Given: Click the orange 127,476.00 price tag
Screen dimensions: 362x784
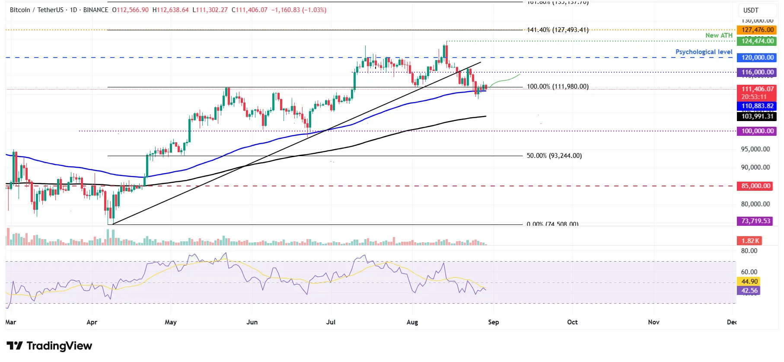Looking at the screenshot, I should click(757, 30).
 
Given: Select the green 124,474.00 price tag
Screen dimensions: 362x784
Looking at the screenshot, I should click(757, 41).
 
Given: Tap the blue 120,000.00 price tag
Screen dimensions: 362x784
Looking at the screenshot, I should click(757, 58).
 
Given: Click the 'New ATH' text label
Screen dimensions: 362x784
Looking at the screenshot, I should click(719, 35).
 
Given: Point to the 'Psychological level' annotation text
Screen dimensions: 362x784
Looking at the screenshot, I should click(704, 52).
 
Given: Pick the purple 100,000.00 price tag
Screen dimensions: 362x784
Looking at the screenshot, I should click(757, 131).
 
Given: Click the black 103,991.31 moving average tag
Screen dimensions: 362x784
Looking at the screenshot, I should click(757, 116).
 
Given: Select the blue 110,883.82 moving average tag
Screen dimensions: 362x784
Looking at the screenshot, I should click(757, 106).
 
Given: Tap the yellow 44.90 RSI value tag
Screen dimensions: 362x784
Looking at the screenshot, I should click(749, 282).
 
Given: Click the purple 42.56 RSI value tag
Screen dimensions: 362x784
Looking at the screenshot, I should click(749, 291).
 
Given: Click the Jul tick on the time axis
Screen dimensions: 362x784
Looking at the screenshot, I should click(331, 322).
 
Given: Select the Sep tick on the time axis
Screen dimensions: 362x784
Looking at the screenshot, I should click(493, 322).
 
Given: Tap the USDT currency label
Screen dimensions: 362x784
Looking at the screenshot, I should click(751, 10).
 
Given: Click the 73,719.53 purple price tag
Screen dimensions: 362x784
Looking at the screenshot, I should click(755, 221).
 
